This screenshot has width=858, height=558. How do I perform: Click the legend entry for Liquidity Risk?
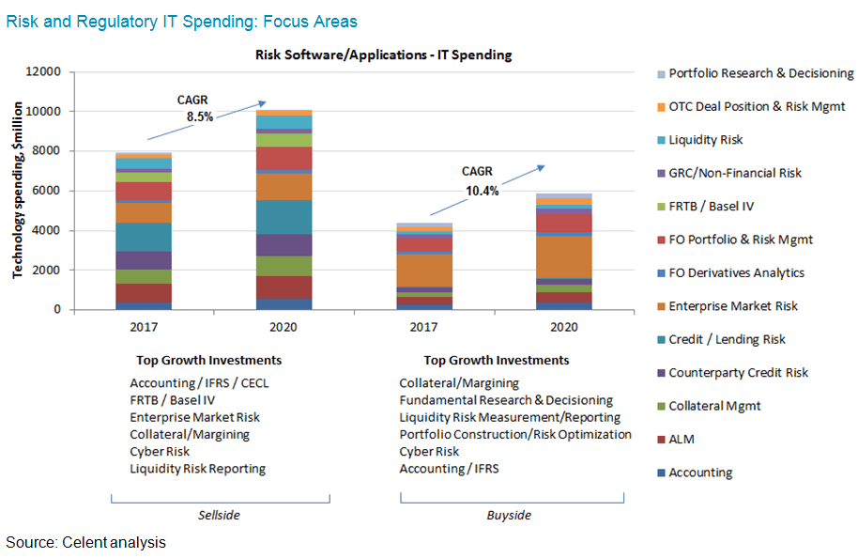(705, 140)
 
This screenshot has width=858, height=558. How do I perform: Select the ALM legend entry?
(682, 440)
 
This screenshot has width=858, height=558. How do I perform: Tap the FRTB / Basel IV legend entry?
(711, 207)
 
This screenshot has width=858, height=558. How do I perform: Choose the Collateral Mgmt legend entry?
(714, 406)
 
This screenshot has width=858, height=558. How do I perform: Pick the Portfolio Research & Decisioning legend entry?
(760, 73)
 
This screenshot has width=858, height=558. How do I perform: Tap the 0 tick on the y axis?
(56, 310)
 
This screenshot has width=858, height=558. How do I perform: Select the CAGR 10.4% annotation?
(480, 181)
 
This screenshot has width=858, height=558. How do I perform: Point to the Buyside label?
(509, 516)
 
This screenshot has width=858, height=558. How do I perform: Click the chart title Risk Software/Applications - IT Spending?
(383, 54)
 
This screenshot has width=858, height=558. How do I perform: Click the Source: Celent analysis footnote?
(85, 543)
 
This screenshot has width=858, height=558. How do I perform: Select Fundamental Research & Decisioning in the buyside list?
(505, 400)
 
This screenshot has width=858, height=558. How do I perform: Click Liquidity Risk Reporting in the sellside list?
(197, 468)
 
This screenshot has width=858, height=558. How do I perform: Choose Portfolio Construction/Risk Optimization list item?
(514, 434)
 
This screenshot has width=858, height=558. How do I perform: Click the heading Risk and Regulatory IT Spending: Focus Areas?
(181, 21)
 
